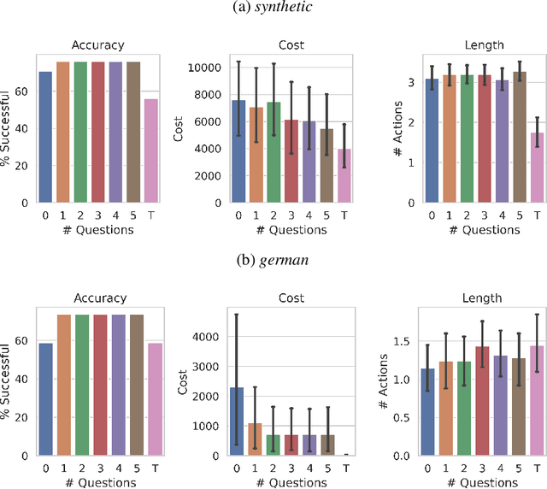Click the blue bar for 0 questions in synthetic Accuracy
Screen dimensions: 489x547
point(45,137)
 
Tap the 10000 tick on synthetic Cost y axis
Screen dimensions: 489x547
point(201,67)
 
